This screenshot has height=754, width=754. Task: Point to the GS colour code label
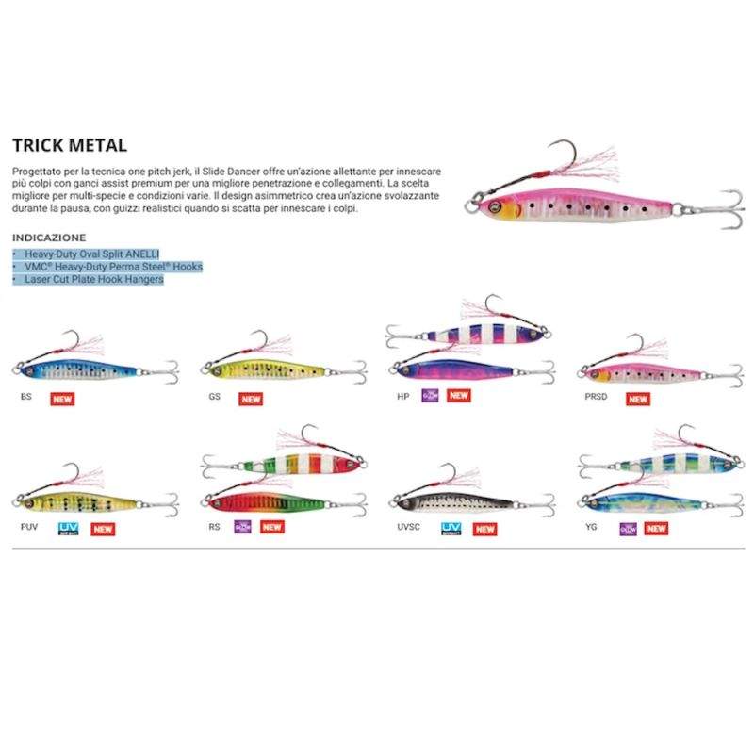[215, 397]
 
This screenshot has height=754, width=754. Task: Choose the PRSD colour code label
[597, 397]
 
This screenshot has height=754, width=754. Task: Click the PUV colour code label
[28, 527]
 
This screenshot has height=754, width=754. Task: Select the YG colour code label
[590, 527]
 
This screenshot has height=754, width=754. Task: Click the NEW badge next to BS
[63, 398]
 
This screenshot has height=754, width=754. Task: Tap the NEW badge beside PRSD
[638, 398]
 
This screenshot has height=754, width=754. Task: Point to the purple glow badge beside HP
[430, 396]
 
